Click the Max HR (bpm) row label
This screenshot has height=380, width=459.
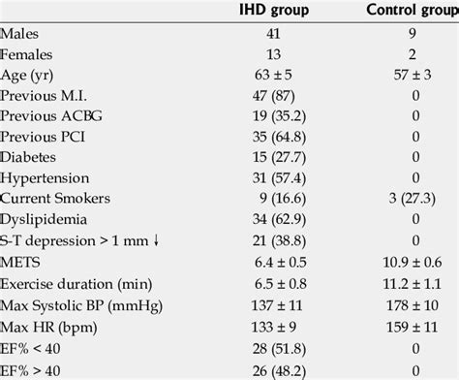pos(43,323)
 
